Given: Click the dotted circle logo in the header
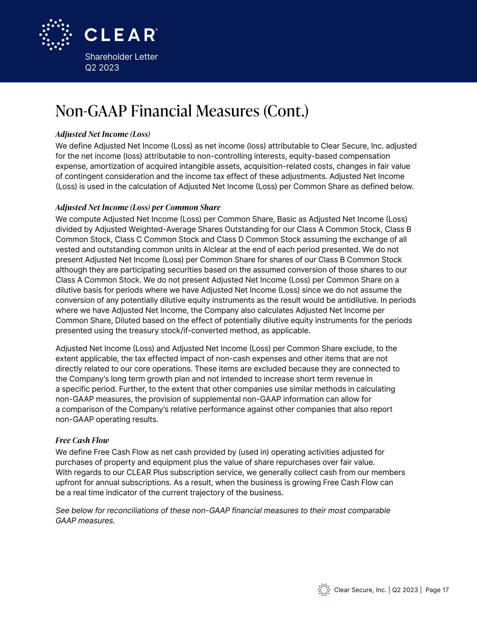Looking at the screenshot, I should coord(56,34).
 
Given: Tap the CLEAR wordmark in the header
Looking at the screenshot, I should coord(121,35).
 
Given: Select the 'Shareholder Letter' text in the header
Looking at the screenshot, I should coord(121,57).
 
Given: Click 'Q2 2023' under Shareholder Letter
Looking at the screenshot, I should coord(102,67).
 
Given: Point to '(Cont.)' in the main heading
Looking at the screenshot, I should coord(286,111).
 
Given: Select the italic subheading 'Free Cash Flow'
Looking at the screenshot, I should coord(82,440).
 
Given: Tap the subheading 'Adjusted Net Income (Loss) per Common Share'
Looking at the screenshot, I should coord(138,207).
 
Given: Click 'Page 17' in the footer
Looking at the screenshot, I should coord(437,590).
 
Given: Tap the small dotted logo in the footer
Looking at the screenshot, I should coord(324,589).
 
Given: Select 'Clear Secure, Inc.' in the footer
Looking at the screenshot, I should coord(360,590).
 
